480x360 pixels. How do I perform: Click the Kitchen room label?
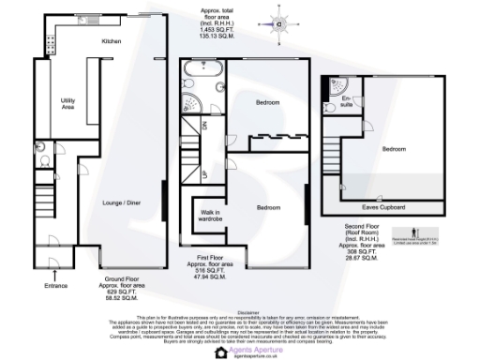click(112, 42)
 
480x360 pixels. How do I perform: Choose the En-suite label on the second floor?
click(344, 99)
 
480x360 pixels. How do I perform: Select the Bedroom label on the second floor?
click(394, 148)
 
